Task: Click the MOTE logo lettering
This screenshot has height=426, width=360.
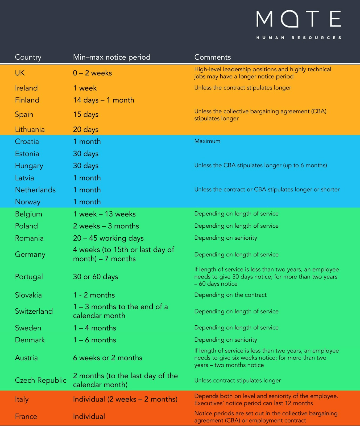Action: (x=299, y=19)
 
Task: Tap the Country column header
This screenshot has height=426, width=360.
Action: (x=28, y=57)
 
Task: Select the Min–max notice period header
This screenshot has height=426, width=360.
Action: (x=112, y=57)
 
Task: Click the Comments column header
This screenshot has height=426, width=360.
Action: (x=212, y=57)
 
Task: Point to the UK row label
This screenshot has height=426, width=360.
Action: (x=20, y=73)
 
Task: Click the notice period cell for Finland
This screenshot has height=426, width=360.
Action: (x=104, y=100)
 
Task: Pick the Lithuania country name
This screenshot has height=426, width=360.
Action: (x=30, y=130)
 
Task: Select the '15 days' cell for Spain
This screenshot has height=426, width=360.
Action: (x=86, y=114)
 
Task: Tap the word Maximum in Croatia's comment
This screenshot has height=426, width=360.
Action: (x=207, y=141)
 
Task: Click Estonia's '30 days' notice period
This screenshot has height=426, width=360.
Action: (x=86, y=154)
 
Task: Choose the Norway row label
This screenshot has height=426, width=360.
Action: (x=28, y=202)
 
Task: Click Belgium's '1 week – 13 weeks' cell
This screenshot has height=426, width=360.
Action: (x=104, y=214)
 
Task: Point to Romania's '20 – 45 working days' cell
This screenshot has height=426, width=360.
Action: (x=108, y=238)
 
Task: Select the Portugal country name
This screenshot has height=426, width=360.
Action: (x=29, y=277)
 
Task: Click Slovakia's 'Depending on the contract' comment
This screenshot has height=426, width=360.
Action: (x=230, y=295)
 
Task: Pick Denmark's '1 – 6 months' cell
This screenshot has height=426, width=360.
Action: (x=94, y=340)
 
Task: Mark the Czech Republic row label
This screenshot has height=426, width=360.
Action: (x=40, y=380)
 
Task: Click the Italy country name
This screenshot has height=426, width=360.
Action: (x=22, y=399)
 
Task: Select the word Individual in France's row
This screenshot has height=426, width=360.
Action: (x=89, y=416)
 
